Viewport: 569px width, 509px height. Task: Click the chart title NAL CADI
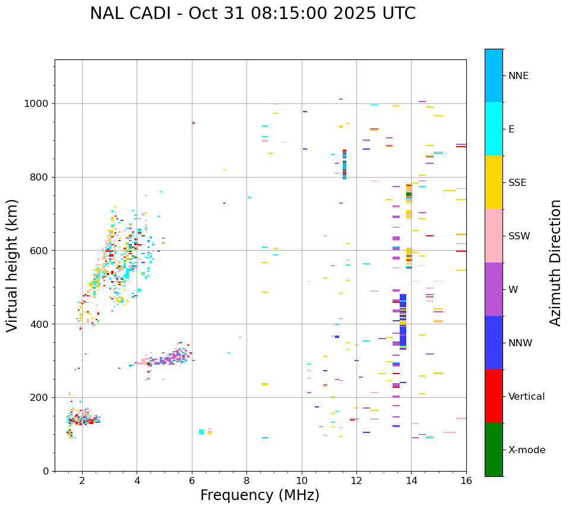tap(252, 14)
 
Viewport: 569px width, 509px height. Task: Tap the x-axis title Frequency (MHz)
tap(260, 495)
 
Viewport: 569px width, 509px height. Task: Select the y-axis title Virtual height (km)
tap(12, 265)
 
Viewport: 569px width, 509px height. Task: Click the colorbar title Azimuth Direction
tap(555, 263)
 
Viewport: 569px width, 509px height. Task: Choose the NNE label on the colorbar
tap(518, 76)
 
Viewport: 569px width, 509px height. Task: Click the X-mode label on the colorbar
tap(527, 450)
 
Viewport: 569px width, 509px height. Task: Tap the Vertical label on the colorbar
tap(526, 397)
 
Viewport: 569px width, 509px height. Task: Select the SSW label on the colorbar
tap(519, 236)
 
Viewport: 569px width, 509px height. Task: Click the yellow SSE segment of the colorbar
tap(494, 182)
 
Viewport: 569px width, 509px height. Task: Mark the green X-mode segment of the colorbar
tap(494, 450)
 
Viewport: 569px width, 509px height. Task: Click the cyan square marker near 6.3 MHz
tap(201, 432)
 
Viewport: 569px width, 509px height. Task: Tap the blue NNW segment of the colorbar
tap(494, 343)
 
